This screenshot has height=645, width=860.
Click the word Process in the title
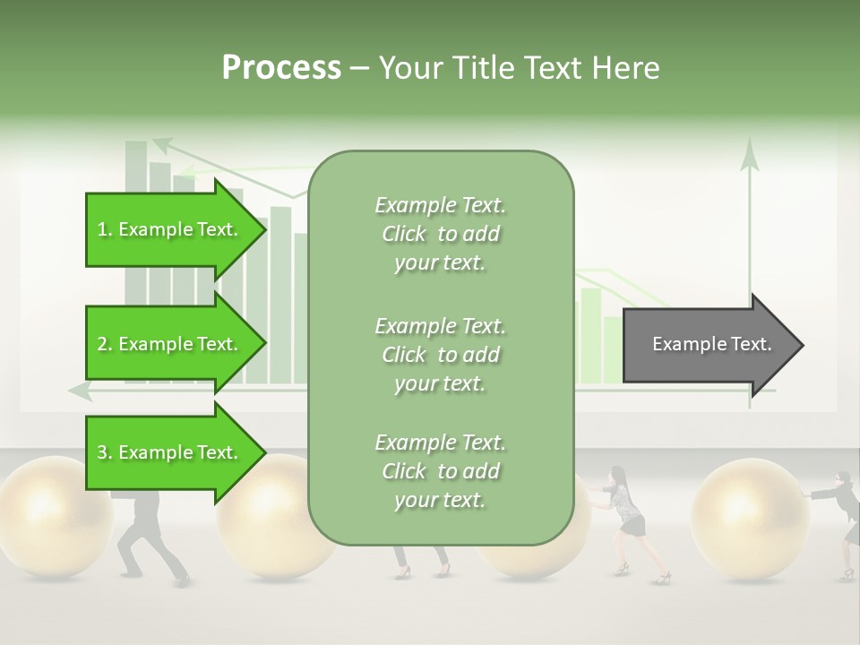point(281,68)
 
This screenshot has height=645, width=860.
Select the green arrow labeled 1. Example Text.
point(170,229)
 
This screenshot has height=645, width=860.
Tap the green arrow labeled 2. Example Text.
point(170,344)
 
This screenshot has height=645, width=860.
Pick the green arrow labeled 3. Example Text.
point(170,452)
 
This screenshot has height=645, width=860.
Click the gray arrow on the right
point(708,345)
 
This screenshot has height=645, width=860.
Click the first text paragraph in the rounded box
point(440,234)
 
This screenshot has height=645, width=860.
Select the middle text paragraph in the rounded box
point(440,354)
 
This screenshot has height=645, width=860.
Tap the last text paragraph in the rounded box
point(440,471)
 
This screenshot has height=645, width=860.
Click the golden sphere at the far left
point(49,515)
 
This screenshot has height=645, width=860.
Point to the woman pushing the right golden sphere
point(627,520)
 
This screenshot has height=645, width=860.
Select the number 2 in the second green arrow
point(102,344)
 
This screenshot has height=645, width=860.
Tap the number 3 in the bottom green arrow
point(102,452)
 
